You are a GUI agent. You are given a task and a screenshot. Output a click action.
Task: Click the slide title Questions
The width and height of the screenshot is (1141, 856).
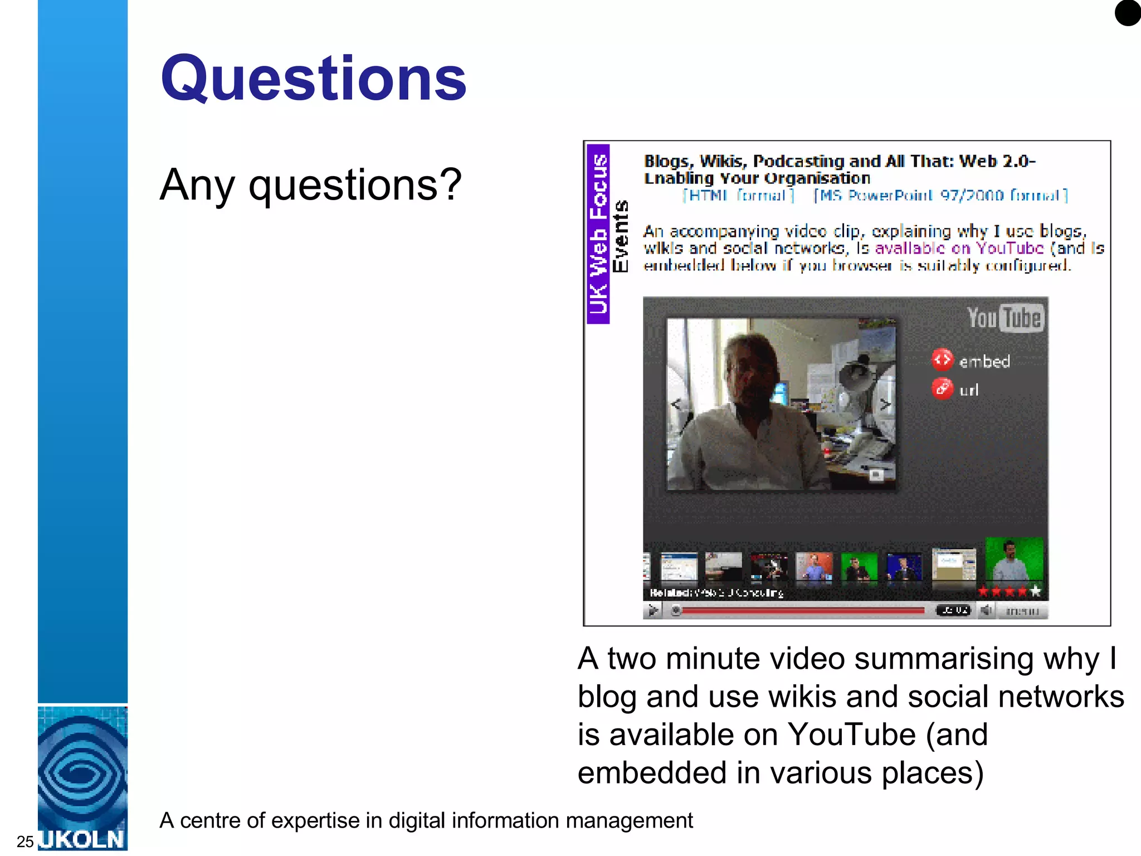coord(313,79)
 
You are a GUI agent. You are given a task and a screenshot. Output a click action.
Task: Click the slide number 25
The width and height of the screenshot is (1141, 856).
coord(25,841)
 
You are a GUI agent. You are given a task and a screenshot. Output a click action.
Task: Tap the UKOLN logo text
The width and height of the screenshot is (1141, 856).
coord(82,839)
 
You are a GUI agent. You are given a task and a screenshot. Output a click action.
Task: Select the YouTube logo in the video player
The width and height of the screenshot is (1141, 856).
coord(1005,318)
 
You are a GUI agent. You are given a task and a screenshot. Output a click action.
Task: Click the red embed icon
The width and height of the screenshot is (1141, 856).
coord(942,359)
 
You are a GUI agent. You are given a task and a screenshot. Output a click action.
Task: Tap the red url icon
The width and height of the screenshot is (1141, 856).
coord(942,388)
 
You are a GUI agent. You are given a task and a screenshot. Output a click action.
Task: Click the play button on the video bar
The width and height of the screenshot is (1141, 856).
coord(653,611)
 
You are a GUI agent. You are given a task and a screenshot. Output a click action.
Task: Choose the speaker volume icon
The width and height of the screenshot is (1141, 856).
coord(986,611)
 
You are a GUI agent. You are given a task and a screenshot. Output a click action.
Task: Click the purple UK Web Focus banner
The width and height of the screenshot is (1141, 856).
coord(598,234)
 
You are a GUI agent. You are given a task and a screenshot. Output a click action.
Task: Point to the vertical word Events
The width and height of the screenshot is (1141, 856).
coord(621,236)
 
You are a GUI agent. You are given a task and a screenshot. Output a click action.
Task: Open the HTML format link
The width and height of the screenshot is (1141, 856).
coord(739,196)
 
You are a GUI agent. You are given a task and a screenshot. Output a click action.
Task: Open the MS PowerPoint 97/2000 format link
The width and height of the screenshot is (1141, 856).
coord(940,196)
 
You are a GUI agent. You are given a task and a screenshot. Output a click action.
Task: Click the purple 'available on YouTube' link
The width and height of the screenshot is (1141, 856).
coord(958,248)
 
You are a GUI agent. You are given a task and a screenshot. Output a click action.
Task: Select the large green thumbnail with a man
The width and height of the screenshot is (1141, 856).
coord(1014,560)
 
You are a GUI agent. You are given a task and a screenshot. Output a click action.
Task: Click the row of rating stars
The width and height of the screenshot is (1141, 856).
coord(1009,591)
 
